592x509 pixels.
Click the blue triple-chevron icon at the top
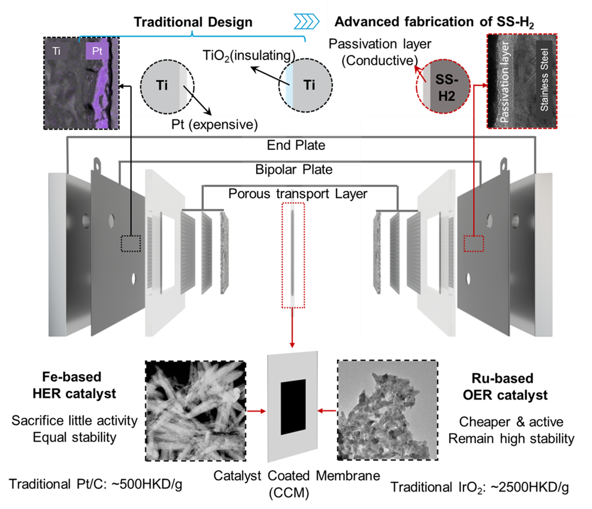click(306, 22)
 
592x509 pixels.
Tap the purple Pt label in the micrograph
click(97, 51)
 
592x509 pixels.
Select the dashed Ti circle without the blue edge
click(163, 85)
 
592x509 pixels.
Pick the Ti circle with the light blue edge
click(307, 85)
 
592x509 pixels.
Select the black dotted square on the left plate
click(130, 244)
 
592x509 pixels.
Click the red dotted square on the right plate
click(474, 244)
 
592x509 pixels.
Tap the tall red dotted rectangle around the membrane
click(293, 255)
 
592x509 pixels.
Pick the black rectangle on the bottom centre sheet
click(293, 407)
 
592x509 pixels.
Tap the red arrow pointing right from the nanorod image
click(256, 412)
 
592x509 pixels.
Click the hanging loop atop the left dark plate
click(97, 164)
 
